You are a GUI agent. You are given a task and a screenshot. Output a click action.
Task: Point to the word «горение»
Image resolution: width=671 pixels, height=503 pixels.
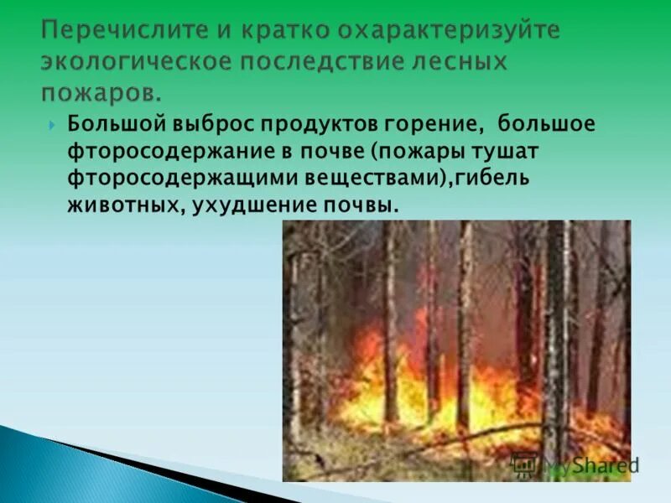pos(437,125)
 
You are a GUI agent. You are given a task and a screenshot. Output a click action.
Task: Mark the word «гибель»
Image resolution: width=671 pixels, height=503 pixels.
pos(494,179)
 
